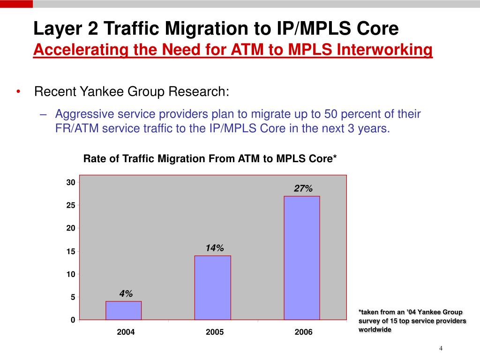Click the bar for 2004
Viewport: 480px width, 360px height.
pos(124,310)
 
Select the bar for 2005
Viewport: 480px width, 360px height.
pos(213,287)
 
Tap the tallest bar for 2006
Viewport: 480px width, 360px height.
pos(301,258)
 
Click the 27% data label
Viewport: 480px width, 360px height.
pos(303,188)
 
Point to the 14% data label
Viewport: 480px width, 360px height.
pos(215,248)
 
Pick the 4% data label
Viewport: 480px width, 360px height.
pos(126,294)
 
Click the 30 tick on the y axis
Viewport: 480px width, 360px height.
pos(70,182)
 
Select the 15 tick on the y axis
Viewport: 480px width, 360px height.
pos(70,252)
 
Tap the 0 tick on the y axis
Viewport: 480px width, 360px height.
pos(73,320)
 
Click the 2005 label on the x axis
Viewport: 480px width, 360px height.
pos(215,332)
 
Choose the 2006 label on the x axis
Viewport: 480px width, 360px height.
pos(303,332)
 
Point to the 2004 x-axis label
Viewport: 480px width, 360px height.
pos(126,332)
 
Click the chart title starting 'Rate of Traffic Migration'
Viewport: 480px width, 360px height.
pos(210,159)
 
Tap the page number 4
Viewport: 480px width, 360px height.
pos(441,348)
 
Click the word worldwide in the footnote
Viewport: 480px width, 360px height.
pos(375,330)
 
